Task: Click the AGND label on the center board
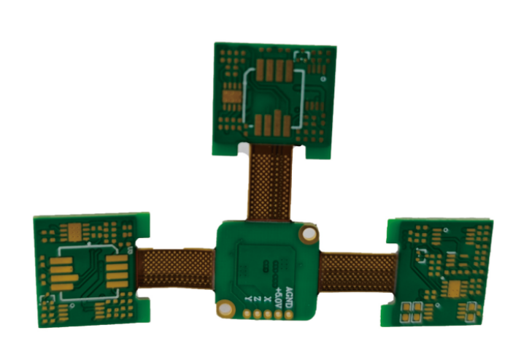289,294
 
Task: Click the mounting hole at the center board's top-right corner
309,234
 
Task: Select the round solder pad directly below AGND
289,315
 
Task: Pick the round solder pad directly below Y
248,315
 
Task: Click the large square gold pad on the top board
231,95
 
